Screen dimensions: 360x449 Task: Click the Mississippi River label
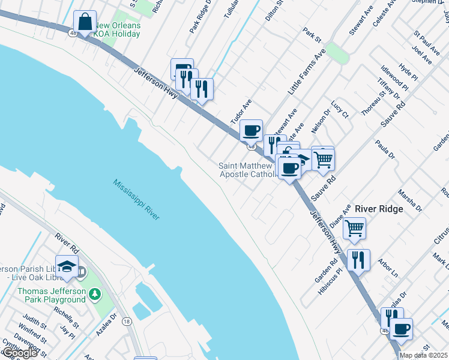click(x=136, y=199)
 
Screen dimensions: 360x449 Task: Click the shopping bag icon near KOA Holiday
click(x=85, y=22)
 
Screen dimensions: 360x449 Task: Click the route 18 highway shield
click(x=127, y=322)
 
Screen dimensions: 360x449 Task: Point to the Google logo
click(x=19, y=353)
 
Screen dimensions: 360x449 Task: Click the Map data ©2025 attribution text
click(x=423, y=355)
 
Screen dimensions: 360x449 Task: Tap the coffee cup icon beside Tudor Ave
click(x=251, y=130)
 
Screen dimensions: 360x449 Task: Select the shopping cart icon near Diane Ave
click(x=354, y=228)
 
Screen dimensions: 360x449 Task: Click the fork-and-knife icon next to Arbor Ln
click(x=358, y=260)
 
